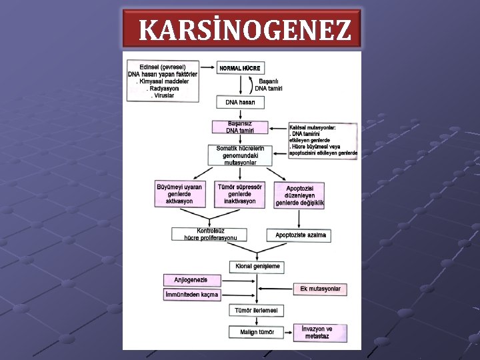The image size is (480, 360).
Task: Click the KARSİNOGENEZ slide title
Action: coord(245,30)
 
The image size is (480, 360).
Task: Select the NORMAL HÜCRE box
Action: coord(239,69)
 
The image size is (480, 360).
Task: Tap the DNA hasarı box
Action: coord(239,102)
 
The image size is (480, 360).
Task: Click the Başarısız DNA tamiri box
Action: coord(239,127)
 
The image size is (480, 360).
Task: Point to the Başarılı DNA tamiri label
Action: coord(271,85)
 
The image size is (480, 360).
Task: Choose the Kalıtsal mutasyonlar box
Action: coord(323,139)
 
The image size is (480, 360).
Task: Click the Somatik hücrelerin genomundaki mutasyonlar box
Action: coord(240,155)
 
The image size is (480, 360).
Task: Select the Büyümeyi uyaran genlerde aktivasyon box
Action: coord(179,193)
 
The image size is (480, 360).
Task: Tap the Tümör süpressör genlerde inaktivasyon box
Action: coord(240,193)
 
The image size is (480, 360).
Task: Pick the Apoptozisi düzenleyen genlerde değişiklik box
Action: coord(300,195)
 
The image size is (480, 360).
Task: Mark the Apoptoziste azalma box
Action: coord(300,235)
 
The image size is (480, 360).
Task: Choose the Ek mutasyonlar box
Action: coord(320,289)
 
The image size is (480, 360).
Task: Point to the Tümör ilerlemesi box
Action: coord(257,311)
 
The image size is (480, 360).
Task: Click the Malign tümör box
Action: coord(257,332)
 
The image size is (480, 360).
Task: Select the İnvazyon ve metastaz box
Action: coord(317,332)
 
